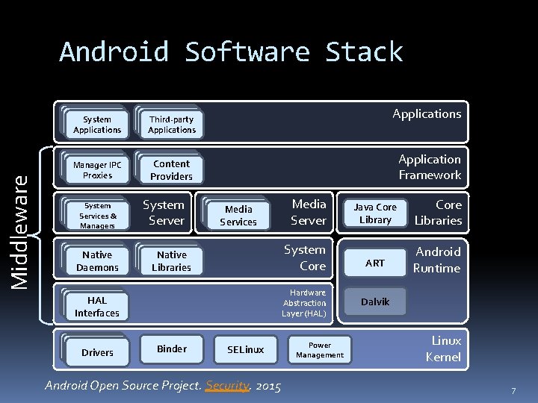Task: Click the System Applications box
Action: [97, 125]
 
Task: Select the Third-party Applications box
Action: [171, 125]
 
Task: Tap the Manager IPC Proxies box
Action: [97, 170]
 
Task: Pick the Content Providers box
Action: [171, 170]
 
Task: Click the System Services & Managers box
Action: [97, 216]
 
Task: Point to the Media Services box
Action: [238, 216]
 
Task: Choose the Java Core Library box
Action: [375, 213]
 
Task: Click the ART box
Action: [375, 263]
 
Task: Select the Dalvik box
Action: [375, 302]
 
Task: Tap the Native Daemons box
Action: [97, 261]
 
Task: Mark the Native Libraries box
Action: [171, 261]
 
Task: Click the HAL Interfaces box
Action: [97, 307]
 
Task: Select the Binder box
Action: [172, 349]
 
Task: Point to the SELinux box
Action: [245, 349]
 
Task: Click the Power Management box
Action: [320, 350]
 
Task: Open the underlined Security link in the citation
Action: [227, 386]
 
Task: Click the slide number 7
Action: [513, 391]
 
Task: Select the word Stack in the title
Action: [364, 52]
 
